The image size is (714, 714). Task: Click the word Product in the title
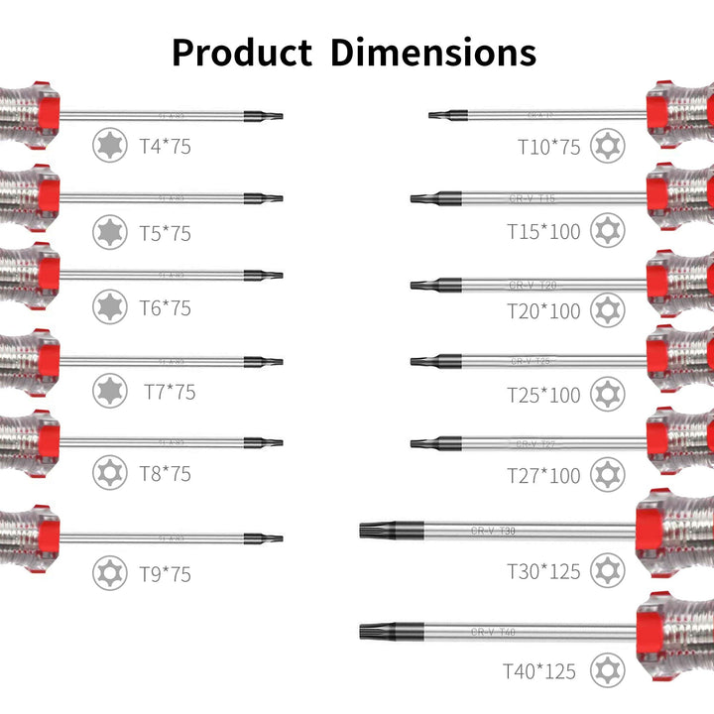pyautogui.click(x=241, y=52)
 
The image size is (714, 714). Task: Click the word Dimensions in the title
pyautogui.click(x=433, y=52)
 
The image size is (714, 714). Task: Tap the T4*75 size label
pyautogui.click(x=165, y=147)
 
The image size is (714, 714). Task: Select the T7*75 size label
pyautogui.click(x=170, y=392)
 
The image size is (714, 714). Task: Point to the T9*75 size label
pyautogui.click(x=165, y=574)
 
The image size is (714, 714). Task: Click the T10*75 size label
pyautogui.click(x=548, y=147)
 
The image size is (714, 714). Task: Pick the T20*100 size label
pyautogui.click(x=543, y=311)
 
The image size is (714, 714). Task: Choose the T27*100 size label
pyautogui.click(x=543, y=476)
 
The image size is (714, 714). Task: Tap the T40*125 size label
pyautogui.click(x=538, y=671)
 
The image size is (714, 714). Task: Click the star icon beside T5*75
pyautogui.click(x=109, y=232)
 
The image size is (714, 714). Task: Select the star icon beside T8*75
pyautogui.click(x=109, y=472)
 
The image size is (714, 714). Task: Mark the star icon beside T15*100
pyautogui.click(x=607, y=230)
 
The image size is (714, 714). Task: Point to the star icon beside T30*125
pyautogui.click(x=607, y=570)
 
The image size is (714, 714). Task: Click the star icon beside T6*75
pyautogui.click(x=109, y=306)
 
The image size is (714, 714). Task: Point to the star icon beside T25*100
pyautogui.click(x=607, y=394)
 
